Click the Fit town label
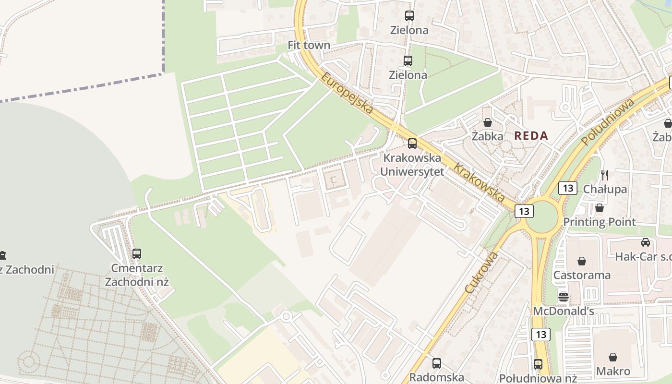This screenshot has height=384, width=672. pyautogui.click(x=309, y=45)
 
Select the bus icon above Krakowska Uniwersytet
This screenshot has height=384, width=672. pyautogui.click(x=412, y=143)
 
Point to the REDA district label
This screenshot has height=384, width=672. pyautogui.click(x=531, y=135)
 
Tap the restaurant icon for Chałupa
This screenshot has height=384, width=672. pyautogui.click(x=605, y=175)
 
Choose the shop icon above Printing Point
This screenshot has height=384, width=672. pyautogui.click(x=599, y=208)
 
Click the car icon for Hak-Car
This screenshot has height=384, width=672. pyautogui.click(x=646, y=242)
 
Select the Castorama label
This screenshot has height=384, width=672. pyautogui.click(x=582, y=275)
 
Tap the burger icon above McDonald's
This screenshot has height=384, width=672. pyautogui.click(x=564, y=297)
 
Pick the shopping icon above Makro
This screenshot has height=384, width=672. pyautogui.click(x=613, y=357)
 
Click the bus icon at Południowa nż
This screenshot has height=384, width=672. pyautogui.click(x=538, y=364)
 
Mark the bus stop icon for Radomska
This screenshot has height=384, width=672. pyautogui.click(x=436, y=363)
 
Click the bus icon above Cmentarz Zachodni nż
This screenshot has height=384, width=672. pyautogui.click(x=137, y=253)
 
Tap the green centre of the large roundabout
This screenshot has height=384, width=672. pyautogui.click(x=541, y=217)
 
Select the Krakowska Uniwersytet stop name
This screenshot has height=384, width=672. pyautogui.click(x=412, y=165)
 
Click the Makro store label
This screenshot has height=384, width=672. pyautogui.click(x=613, y=371)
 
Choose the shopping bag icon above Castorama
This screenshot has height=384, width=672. pyautogui.click(x=582, y=261)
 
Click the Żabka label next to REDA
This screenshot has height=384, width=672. pyautogui.click(x=487, y=136)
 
